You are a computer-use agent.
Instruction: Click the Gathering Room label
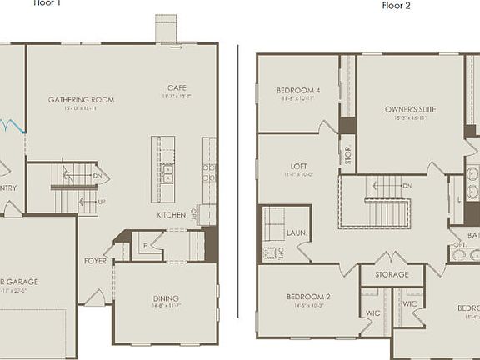point(81,99)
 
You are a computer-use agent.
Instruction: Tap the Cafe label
point(177,87)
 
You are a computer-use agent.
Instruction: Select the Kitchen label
point(172,215)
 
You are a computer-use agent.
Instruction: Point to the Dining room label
point(166,298)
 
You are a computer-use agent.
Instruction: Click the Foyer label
point(95,261)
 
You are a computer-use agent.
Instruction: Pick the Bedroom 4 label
point(299,90)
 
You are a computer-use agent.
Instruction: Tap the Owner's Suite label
point(410,109)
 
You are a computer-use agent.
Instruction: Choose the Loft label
point(299,166)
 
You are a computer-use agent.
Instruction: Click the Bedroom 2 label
point(309,297)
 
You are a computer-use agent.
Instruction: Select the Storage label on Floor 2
point(392,274)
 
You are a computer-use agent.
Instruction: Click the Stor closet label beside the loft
point(347,154)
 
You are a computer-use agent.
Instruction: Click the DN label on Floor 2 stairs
point(407,186)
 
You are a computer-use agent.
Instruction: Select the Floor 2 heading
point(397,6)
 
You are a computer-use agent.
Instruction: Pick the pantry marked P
point(145,246)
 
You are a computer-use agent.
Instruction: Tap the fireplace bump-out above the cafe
point(166,27)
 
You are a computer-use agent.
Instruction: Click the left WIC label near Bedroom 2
point(372,313)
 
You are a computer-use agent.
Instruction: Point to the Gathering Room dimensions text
point(81,108)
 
